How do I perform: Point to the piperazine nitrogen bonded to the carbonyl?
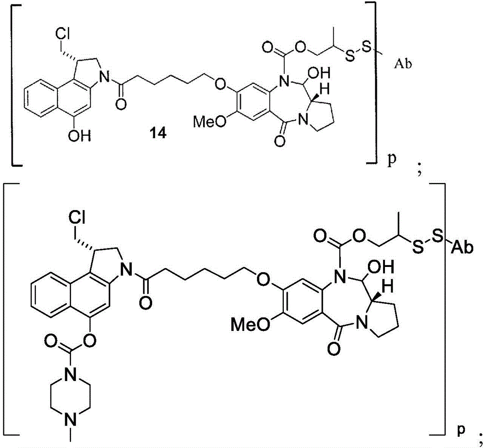[x=70, y=377]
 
